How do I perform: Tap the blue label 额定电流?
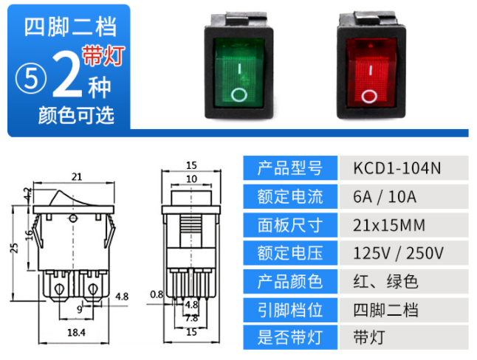(290, 197)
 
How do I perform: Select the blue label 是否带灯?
(290, 338)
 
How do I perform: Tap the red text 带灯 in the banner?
(104, 55)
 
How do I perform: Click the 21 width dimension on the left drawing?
(76, 176)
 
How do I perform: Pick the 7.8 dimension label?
(192, 318)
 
